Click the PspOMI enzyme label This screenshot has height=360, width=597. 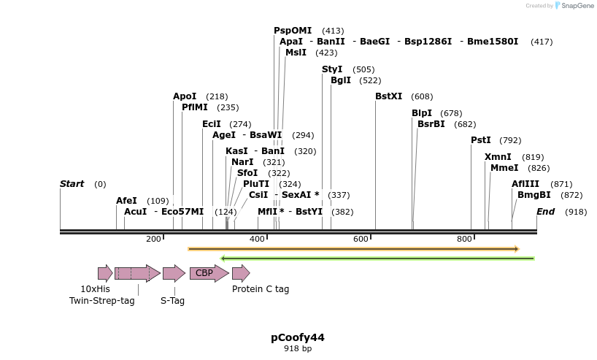pos(293,31)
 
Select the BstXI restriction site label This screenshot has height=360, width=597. pos(388,96)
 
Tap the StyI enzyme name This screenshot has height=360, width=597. pos(332,69)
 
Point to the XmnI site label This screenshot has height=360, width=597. pos(498,157)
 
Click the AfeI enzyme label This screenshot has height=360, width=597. pos(126,201)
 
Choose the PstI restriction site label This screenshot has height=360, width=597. pos(481,140)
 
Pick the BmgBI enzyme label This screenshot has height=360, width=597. pos(534,195)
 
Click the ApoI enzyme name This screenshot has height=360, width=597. pos(185,96)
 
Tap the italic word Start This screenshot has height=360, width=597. pos(72,184)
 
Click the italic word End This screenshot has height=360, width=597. pos(546,212)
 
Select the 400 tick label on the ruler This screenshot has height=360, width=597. pos(258,240)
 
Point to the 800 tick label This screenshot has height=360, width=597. pos(464,240)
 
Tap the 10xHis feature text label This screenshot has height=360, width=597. pos(96,289)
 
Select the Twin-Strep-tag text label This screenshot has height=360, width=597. pos(102,301)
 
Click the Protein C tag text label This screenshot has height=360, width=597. pos(261,289)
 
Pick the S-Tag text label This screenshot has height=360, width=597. pos(172,301)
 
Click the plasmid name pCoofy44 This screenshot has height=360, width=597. pos(298,337)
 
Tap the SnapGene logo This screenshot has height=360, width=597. pos(572,6)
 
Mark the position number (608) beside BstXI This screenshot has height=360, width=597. pos(422,96)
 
